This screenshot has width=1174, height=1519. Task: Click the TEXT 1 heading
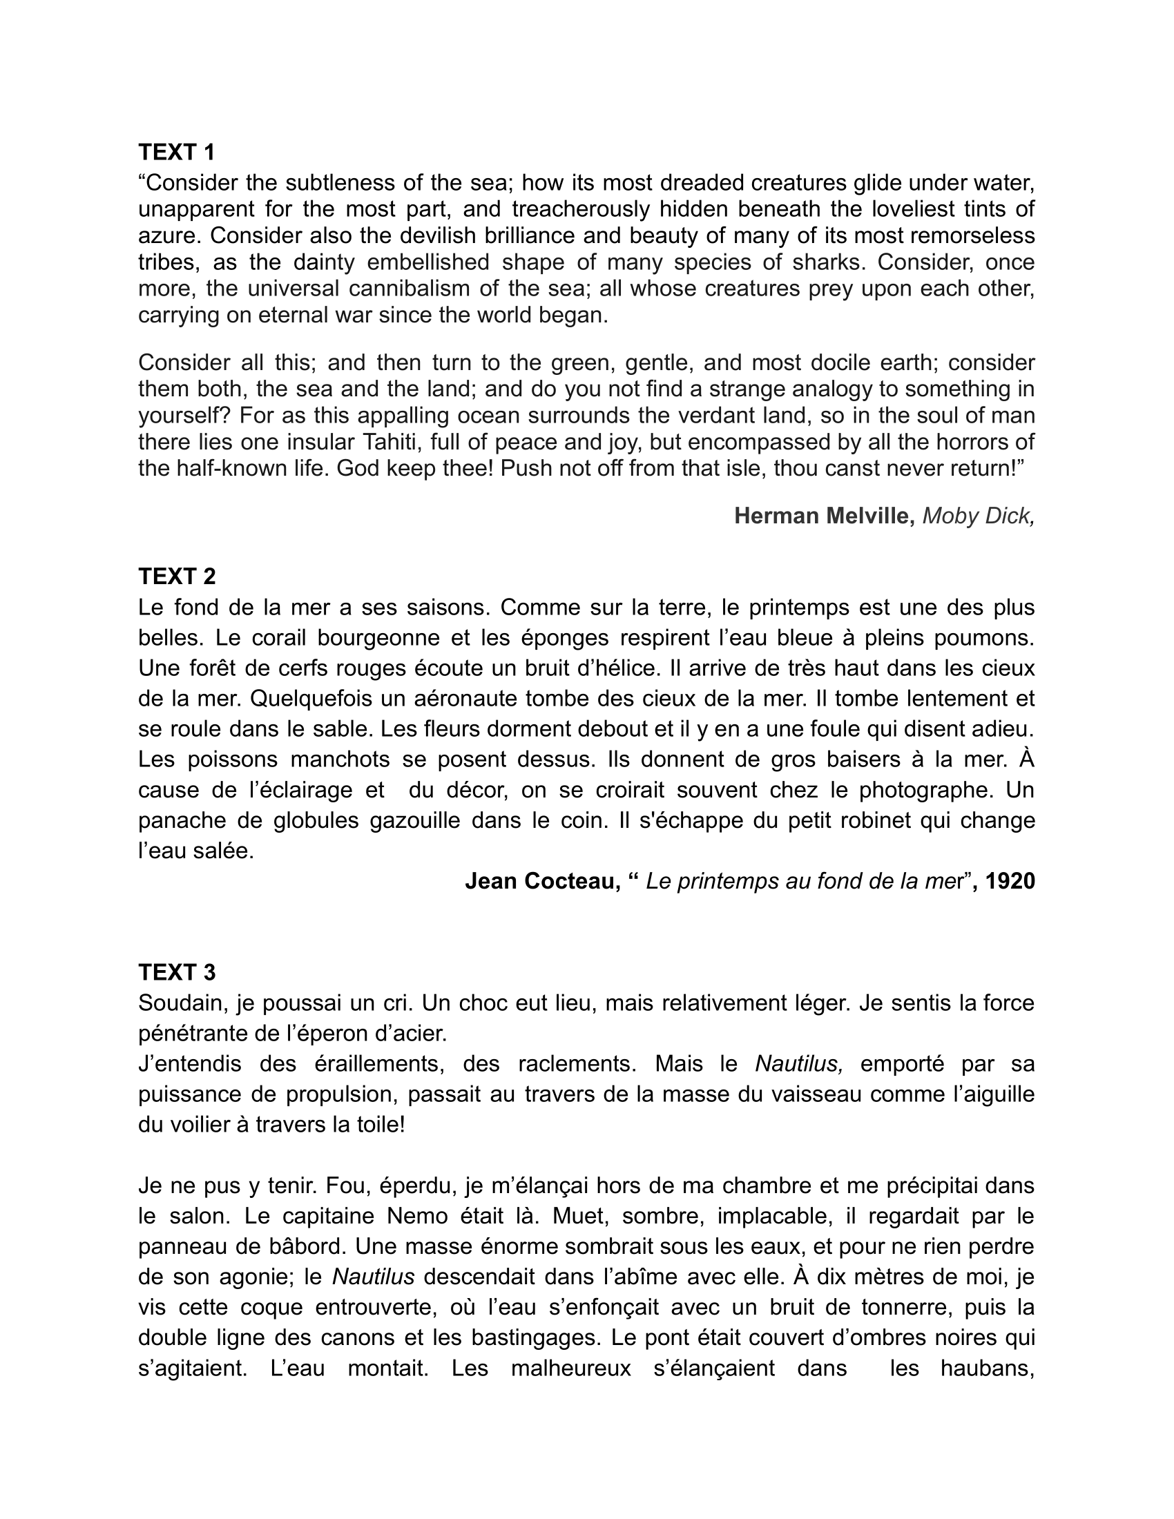[x=177, y=152]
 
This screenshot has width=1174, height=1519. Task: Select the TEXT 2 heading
[x=177, y=576]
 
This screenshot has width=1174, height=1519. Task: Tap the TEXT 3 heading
[x=177, y=971]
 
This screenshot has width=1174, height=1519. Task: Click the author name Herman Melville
[x=824, y=515]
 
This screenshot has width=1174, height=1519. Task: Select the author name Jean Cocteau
[x=542, y=881]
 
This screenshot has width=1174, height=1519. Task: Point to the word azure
[x=168, y=235]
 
